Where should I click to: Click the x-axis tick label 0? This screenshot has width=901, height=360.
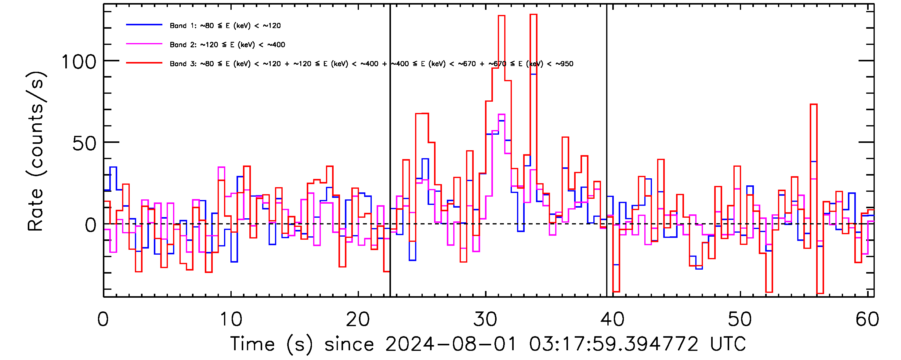(103, 319)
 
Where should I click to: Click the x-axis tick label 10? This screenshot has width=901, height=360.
(231, 319)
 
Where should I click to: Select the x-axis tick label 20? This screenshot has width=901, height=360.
(358, 319)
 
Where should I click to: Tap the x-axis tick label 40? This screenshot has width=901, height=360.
(613, 319)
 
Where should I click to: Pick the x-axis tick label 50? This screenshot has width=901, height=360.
(740, 319)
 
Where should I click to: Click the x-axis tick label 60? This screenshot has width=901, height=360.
(867, 319)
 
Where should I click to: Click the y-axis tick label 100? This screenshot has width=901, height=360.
(79, 62)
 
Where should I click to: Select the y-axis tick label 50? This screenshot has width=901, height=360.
(84, 144)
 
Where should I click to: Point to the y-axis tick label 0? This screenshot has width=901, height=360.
(91, 225)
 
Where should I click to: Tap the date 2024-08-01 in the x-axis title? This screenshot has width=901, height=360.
(451, 344)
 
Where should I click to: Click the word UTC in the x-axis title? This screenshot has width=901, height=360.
(728, 344)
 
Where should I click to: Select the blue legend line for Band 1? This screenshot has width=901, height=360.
(144, 25)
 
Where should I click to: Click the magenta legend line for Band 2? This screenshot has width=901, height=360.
(144, 44)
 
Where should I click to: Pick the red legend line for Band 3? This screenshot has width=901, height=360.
(144, 63)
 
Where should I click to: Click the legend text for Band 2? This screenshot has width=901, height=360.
(227, 45)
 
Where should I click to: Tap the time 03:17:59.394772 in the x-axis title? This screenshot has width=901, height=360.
(613, 344)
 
